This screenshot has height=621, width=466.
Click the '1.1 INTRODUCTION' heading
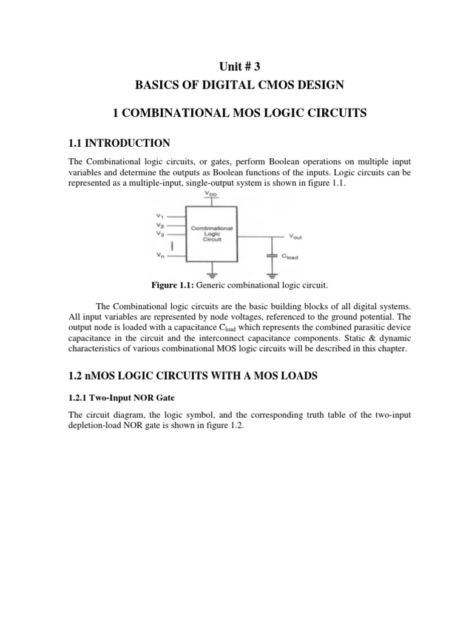coord(119,143)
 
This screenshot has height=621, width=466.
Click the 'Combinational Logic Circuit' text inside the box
coord(212,233)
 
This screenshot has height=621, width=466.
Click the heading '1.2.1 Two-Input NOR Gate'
coord(114,397)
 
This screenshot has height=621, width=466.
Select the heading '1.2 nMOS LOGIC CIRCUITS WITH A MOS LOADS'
coord(192,376)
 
